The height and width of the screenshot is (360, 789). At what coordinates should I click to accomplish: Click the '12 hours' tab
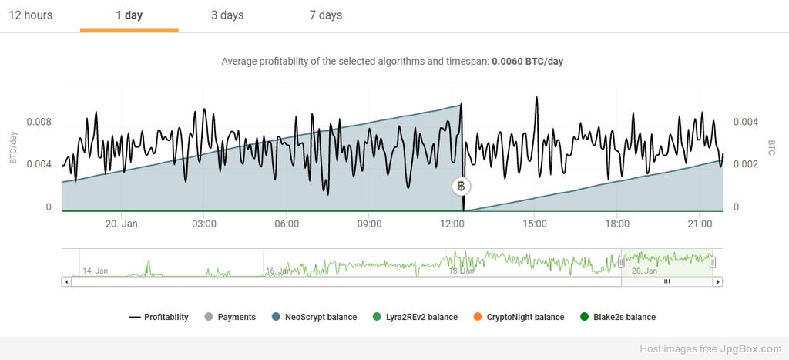[x=31, y=15]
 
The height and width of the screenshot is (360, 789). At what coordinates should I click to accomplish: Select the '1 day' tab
[x=129, y=15]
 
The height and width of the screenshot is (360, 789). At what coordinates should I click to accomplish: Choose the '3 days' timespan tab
[x=227, y=15]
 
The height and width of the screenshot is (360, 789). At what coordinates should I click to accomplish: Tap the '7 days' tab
[x=325, y=15]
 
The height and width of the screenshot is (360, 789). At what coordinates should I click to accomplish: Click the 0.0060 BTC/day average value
[x=528, y=61]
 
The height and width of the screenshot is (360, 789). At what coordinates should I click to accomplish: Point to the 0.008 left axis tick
[x=39, y=122]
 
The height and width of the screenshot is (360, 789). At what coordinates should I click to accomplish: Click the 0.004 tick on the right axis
[x=745, y=122]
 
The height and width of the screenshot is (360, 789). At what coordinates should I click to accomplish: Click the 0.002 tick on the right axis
[x=745, y=164]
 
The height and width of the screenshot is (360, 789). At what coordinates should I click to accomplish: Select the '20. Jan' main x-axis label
[x=121, y=224]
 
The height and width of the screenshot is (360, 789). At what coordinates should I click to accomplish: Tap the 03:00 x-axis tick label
[x=203, y=224]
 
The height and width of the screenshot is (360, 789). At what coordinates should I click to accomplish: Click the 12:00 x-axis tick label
[x=452, y=224]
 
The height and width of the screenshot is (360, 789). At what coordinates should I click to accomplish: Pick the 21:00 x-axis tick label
[x=700, y=224]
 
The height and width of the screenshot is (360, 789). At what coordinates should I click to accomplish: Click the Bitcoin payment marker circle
[x=461, y=187]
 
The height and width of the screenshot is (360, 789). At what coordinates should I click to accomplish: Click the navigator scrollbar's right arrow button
[x=718, y=281]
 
